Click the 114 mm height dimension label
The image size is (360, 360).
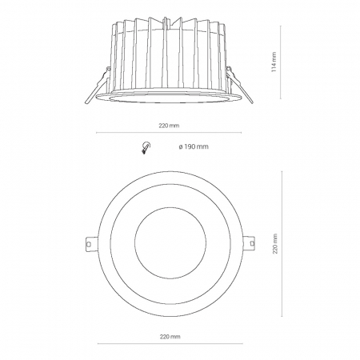(274, 62)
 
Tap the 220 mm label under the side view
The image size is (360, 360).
(169, 126)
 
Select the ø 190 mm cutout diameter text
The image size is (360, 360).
(194, 146)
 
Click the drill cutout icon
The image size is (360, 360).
(146, 147)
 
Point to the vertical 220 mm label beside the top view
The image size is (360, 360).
(275, 244)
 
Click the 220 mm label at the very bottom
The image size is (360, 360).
(170, 337)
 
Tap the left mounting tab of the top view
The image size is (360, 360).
(90, 243)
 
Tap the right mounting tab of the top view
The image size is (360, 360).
(249, 243)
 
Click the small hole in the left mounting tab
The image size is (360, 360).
(90, 244)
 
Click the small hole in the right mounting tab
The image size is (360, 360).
(252, 243)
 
